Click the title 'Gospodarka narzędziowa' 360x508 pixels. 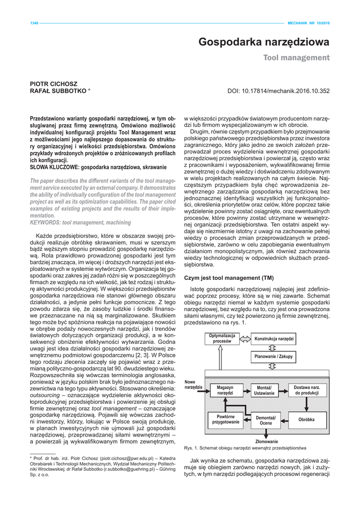point(264,43)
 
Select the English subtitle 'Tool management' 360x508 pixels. point(296,58)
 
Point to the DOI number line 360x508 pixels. point(278,91)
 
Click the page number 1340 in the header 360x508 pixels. point(20,23)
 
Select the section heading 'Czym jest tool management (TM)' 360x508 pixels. point(229,278)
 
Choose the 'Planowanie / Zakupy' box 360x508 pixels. point(274,356)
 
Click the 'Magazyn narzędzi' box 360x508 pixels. point(225,390)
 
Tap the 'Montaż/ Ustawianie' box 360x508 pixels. point(264,390)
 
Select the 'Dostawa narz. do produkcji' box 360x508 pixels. point(306,390)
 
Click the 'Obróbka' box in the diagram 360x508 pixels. point(306,420)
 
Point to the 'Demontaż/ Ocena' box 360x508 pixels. point(266,420)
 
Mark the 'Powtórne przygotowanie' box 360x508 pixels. point(225,419)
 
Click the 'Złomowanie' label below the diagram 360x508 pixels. point(267,441)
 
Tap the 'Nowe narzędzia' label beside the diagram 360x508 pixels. point(193,384)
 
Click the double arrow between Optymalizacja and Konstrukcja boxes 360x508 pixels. point(245,339)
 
